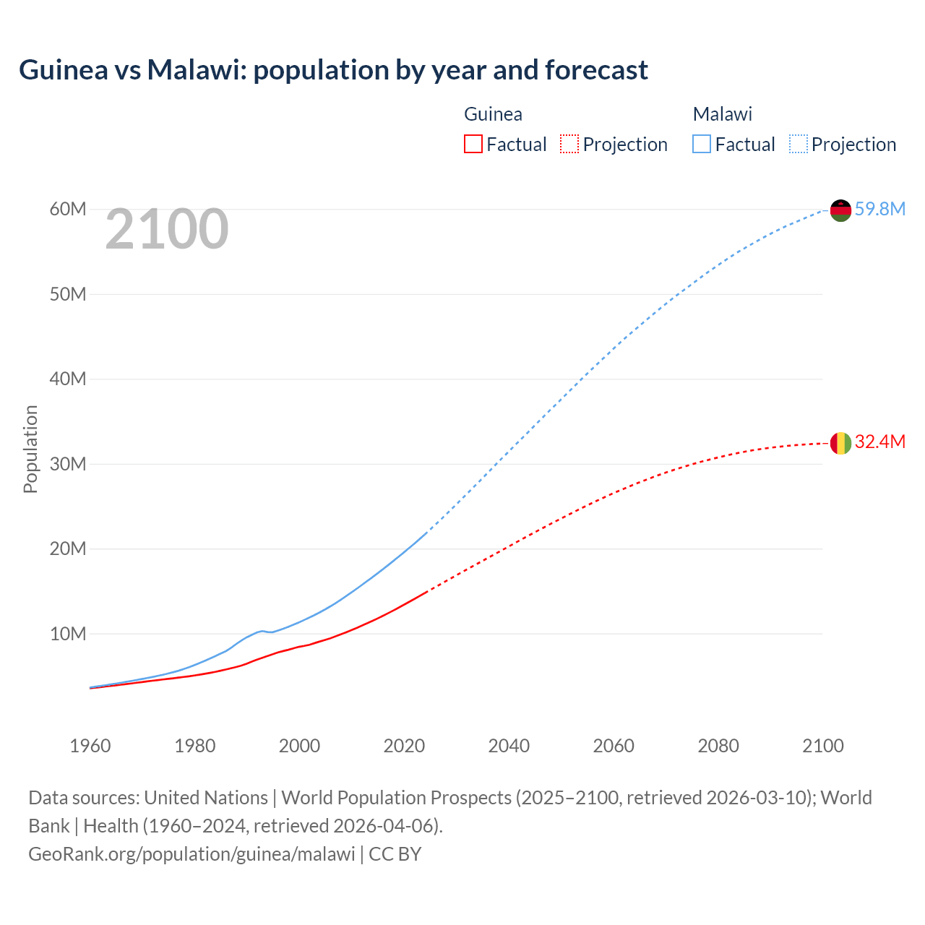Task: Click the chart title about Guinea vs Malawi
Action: [333, 70]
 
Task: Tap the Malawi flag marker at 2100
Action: [840, 210]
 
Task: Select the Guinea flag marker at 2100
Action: [840, 443]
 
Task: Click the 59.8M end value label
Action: [879, 210]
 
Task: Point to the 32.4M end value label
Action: [879, 442]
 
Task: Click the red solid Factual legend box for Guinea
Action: [473, 145]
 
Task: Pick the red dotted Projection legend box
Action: [569, 145]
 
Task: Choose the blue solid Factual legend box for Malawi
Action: [702, 145]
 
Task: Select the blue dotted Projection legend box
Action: [798, 145]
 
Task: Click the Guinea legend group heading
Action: [493, 114]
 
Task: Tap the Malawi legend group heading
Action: [722, 114]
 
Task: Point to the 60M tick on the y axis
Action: [68, 210]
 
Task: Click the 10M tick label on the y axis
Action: [68, 634]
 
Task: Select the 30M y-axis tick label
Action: [68, 464]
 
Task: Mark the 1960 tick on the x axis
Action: [90, 746]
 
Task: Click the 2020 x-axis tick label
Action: [404, 746]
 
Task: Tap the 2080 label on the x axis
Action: [718, 746]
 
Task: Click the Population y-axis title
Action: [30, 449]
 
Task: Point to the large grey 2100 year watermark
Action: [167, 230]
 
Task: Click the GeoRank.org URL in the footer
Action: [192, 854]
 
